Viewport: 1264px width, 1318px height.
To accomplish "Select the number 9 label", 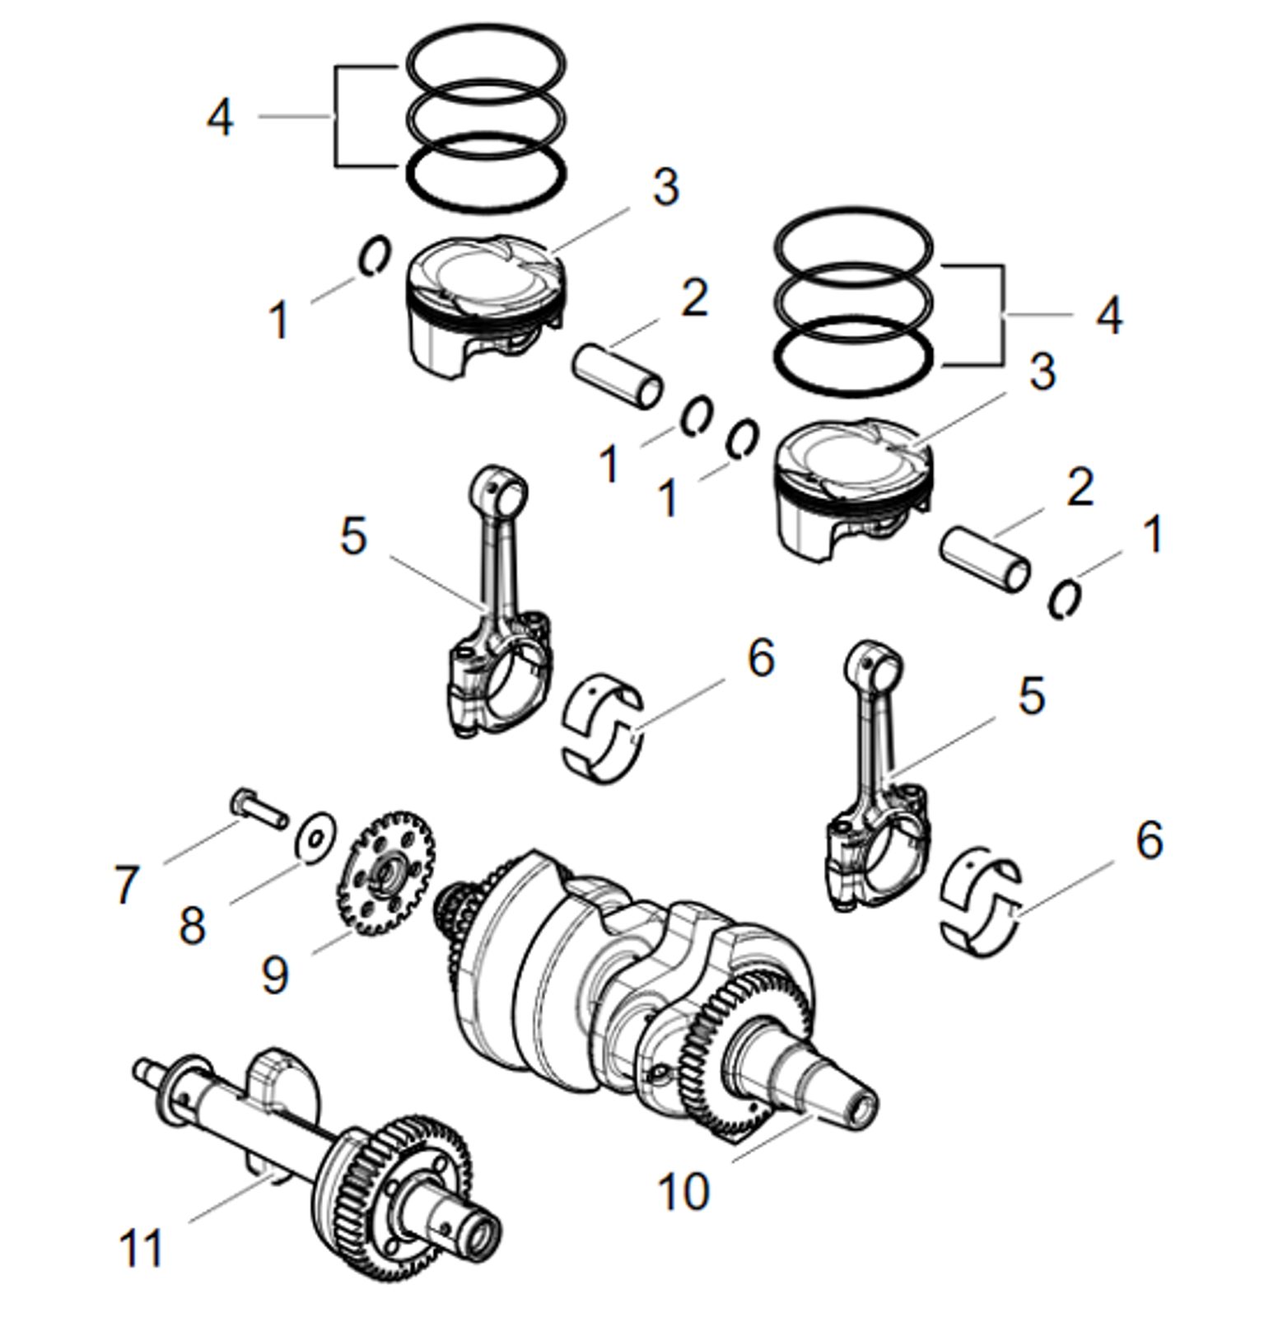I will click(275, 975).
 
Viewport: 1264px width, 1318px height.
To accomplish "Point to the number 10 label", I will click(683, 1191).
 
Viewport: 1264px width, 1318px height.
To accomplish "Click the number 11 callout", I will click(142, 1249).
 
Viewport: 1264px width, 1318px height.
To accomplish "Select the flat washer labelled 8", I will click(316, 836).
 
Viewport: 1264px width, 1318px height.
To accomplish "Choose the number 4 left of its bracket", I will click(220, 118).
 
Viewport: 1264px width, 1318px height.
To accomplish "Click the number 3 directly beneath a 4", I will click(1042, 372).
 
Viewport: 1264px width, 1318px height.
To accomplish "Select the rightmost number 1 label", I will click(1154, 535).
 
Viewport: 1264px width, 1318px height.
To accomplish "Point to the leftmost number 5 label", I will click(353, 537).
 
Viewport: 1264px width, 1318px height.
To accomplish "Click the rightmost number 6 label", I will click(1150, 841).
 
